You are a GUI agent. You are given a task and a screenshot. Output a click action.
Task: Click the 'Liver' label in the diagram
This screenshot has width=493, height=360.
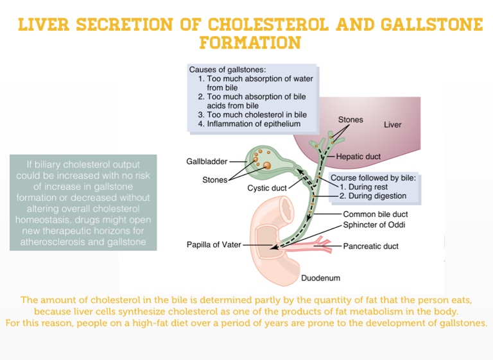pos(392,124)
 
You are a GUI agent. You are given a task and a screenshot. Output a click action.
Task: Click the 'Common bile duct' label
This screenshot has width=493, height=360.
pos(376,214)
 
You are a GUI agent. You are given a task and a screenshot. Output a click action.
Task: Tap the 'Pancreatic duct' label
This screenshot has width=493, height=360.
pos(370,246)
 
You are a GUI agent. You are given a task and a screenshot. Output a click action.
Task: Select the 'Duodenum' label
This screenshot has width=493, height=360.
pos(320,279)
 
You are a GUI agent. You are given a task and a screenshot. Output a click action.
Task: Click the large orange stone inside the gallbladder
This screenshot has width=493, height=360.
pos(267,166)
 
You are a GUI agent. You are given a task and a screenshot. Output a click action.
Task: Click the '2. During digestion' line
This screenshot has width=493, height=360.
pos(373,196)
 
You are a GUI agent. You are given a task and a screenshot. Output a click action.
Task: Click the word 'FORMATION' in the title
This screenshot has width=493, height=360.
pos(250,43)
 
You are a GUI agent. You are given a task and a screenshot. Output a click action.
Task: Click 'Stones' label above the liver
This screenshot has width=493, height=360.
pos(350,119)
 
